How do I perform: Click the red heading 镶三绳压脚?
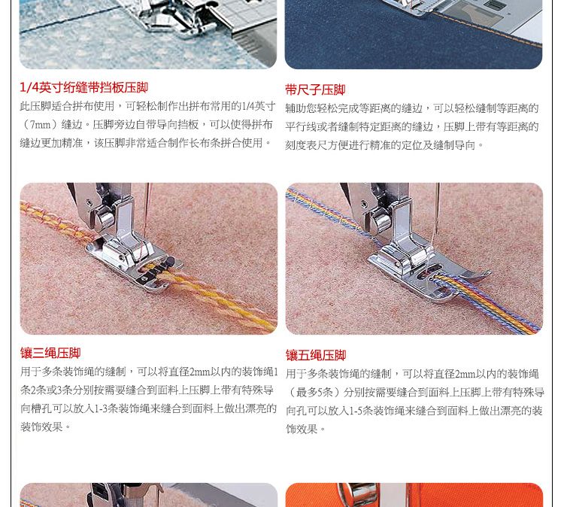(x=50, y=353)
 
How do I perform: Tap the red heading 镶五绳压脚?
(x=316, y=355)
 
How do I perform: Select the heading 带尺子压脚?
(x=315, y=90)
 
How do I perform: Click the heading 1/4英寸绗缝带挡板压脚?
(x=83, y=87)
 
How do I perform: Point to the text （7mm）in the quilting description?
(x=41, y=125)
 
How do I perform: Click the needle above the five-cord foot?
(x=436, y=212)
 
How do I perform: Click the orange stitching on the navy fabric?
(x=490, y=28)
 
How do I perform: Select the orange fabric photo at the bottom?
(x=414, y=495)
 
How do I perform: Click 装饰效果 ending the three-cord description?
(x=41, y=427)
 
